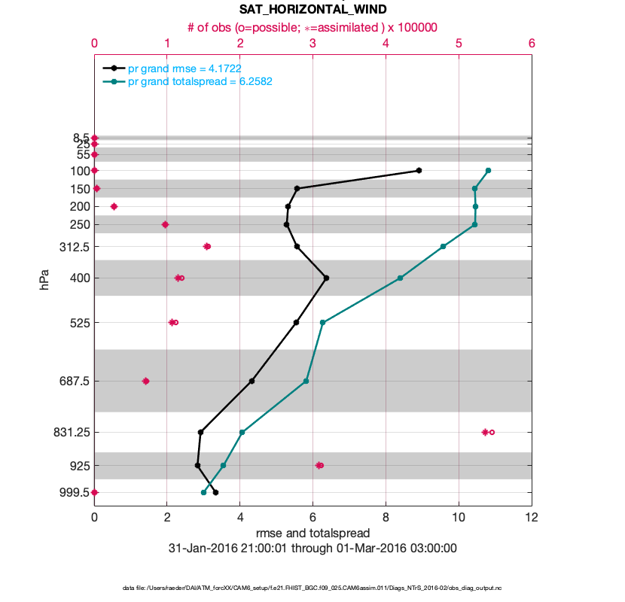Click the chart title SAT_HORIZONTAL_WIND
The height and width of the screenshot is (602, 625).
(x=312, y=10)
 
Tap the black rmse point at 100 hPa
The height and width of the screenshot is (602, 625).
(x=419, y=171)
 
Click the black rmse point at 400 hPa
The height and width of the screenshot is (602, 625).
(x=326, y=278)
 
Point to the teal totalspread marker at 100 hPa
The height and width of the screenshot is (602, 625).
(x=489, y=171)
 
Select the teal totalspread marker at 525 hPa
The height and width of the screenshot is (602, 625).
(x=322, y=323)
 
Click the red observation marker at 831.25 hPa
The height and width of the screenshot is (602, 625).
(x=487, y=432)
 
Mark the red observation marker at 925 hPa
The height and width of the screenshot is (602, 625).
(x=319, y=466)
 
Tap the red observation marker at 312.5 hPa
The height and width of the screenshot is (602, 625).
(x=207, y=247)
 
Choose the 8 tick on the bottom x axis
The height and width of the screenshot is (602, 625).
(x=386, y=518)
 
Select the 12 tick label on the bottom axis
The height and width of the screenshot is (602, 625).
(x=532, y=518)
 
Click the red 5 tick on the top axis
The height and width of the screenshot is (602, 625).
(x=459, y=44)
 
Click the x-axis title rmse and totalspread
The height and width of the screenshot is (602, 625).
(x=312, y=534)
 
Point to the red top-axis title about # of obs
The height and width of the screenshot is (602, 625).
(x=312, y=27)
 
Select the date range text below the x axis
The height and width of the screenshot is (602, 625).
(x=312, y=549)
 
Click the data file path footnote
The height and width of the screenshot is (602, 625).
(x=312, y=588)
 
